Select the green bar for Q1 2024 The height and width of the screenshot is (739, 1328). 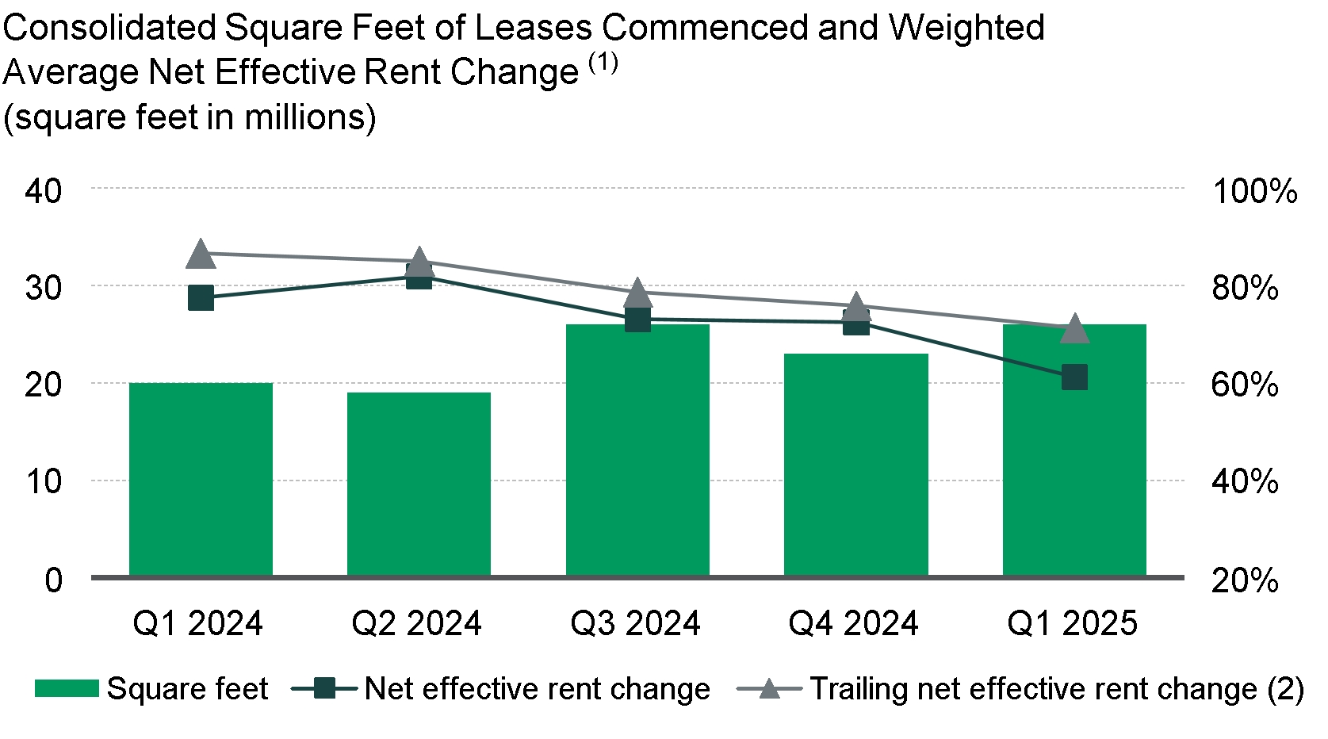click(201, 479)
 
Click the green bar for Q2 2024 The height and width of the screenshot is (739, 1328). click(419, 484)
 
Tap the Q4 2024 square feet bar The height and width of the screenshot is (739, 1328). click(855, 465)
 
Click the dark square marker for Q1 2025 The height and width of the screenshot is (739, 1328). click(1074, 377)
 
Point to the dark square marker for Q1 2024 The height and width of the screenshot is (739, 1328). click(201, 299)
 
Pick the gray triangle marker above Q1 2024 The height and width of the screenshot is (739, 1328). click(201, 255)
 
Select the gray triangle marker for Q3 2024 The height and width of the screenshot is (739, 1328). click(637, 294)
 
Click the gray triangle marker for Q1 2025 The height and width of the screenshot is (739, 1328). click(1074, 328)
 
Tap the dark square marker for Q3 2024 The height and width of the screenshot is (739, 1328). click(637, 320)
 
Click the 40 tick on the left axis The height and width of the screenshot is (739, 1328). click(43, 191)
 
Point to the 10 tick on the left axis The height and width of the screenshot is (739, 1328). click(43, 481)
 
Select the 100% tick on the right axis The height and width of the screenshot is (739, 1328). click(1254, 191)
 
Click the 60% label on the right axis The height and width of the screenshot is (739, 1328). click(1245, 385)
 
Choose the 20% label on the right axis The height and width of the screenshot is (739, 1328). click(1245, 580)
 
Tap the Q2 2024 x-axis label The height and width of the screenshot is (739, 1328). click(417, 624)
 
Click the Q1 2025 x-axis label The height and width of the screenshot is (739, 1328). click(1072, 624)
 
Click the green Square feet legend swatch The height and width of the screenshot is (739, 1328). click(67, 688)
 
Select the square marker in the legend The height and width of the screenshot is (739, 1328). click(324, 688)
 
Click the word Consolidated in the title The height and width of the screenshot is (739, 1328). click(109, 29)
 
